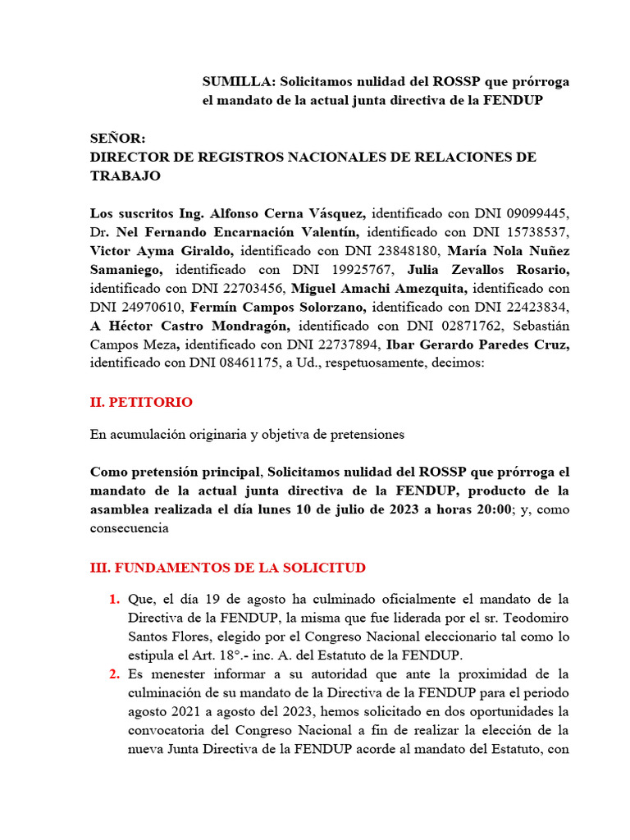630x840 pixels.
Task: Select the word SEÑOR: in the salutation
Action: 117,139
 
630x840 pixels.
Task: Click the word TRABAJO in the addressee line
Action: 126,176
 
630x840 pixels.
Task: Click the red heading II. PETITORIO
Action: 141,403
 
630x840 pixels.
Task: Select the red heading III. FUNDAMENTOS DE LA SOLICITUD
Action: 228,568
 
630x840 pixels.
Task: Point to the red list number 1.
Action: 114,600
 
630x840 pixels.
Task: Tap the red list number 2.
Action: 114,674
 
